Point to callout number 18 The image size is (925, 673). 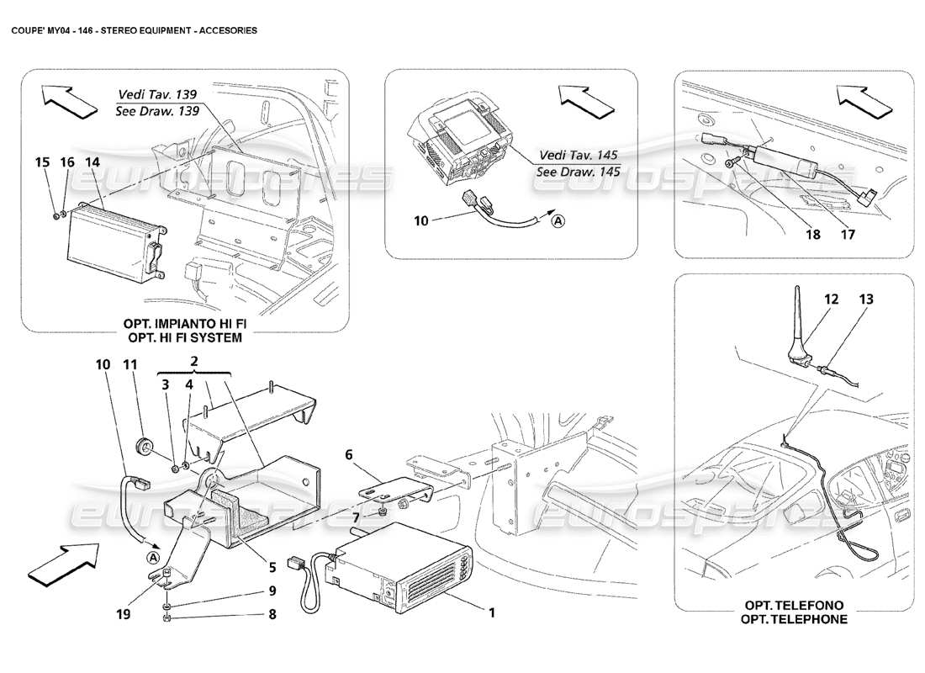pos(813,236)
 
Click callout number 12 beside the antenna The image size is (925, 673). pos(832,299)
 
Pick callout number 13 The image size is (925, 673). pos(867,299)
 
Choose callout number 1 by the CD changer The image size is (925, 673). pos(491,612)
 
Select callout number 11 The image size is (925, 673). pos(130,364)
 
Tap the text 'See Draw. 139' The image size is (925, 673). pos(157,111)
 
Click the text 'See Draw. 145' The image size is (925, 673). pos(579,172)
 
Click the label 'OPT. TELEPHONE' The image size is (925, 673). pos(795,619)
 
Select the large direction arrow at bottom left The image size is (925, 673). pos(64,562)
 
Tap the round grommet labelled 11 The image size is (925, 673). pos(145,443)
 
